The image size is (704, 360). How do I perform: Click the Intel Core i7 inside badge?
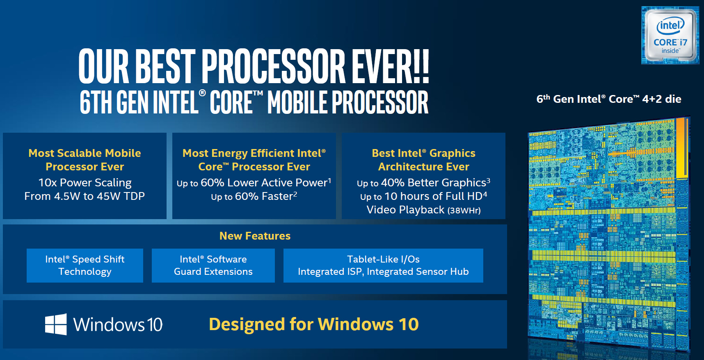click(670, 35)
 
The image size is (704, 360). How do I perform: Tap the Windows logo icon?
click(56, 324)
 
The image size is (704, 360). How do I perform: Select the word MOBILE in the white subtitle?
click(298, 102)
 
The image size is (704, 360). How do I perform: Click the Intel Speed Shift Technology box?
click(85, 265)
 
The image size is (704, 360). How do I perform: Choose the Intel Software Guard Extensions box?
click(213, 265)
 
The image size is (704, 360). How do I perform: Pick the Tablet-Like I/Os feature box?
click(383, 265)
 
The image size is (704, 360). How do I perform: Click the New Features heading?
click(255, 236)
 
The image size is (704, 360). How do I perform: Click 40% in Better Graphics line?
click(393, 183)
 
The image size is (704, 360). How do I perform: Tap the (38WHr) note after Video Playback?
click(464, 211)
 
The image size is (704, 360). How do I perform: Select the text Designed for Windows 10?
click(314, 324)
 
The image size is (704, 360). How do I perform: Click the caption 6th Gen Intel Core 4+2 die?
click(609, 99)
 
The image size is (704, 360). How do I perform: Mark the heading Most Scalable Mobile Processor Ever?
click(85, 160)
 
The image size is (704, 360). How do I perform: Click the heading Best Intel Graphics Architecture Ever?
click(423, 160)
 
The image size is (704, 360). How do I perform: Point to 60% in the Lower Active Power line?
click(213, 183)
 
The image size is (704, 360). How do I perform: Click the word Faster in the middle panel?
click(277, 197)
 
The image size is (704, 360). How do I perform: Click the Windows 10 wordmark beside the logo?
click(118, 325)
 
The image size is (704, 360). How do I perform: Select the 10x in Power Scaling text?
click(48, 183)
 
